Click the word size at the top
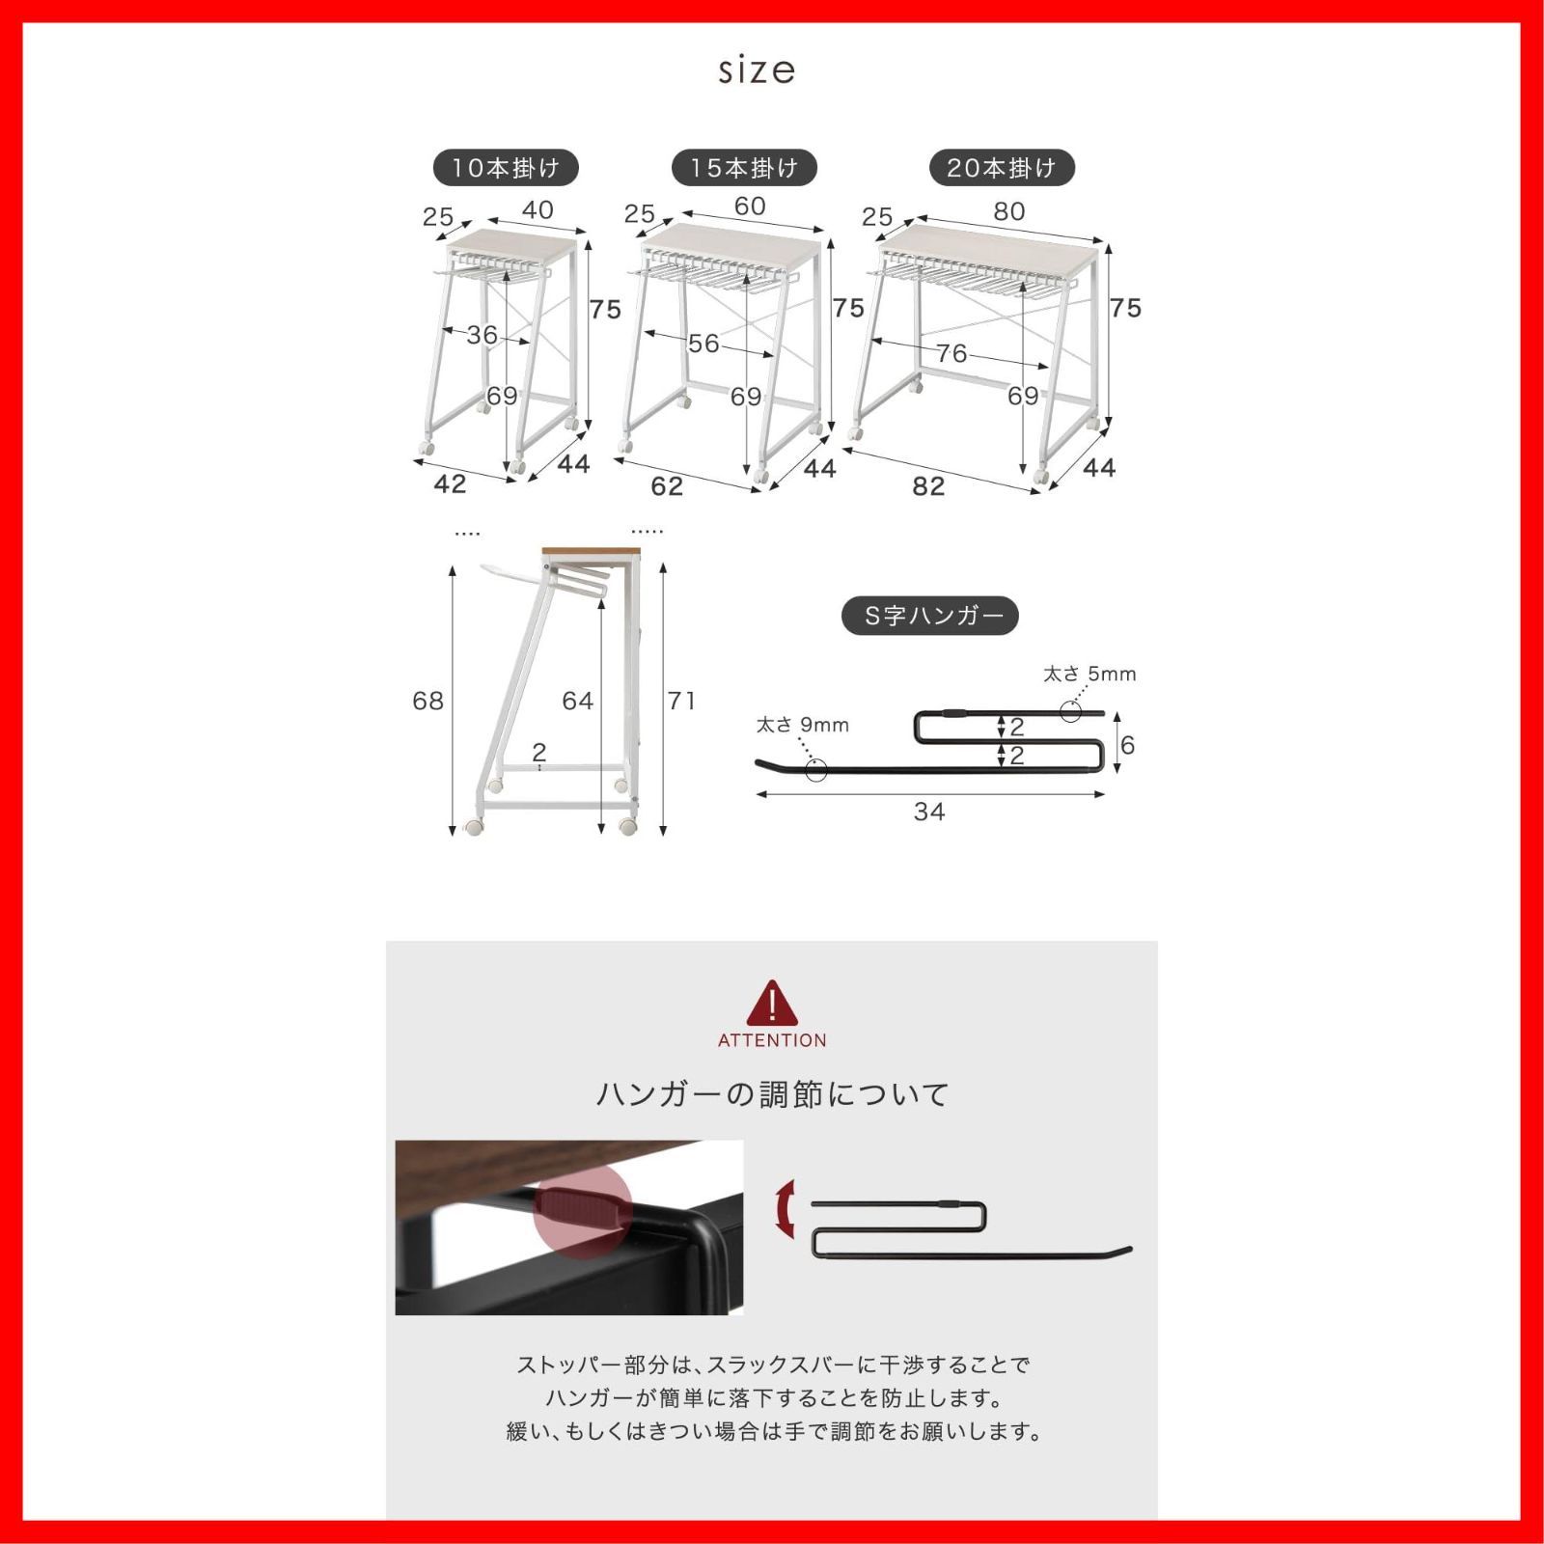[x=757, y=69]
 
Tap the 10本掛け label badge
[x=506, y=168]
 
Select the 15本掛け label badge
[x=744, y=168]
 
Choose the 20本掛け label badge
[x=1002, y=168]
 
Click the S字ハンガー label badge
[x=930, y=616]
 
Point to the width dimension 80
[x=1009, y=211]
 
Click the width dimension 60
[x=750, y=206]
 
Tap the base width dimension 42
[x=451, y=483]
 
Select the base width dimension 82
[x=928, y=485]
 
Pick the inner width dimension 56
[x=703, y=343]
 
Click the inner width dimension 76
[x=951, y=353]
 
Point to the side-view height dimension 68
[x=428, y=701]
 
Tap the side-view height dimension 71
[x=681, y=701]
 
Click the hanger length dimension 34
[x=929, y=812]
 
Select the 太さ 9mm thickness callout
[x=802, y=725]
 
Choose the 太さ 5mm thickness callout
[x=1089, y=674]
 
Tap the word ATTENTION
[x=772, y=1040]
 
